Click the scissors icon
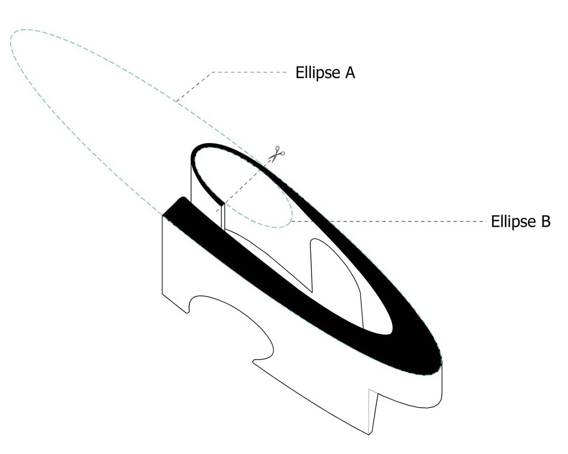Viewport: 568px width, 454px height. (276, 154)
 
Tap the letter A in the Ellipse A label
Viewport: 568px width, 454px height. (350, 73)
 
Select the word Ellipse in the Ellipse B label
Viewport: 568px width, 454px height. (513, 221)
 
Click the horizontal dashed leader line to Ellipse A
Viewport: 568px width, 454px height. (249, 72)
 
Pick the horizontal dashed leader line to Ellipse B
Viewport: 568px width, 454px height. (389, 221)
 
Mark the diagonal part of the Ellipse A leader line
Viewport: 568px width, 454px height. (194, 87)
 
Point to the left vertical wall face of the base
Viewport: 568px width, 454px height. (175, 264)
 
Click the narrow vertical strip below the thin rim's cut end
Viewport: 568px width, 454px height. (222, 217)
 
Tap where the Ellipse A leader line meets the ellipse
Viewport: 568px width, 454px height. (176, 102)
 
